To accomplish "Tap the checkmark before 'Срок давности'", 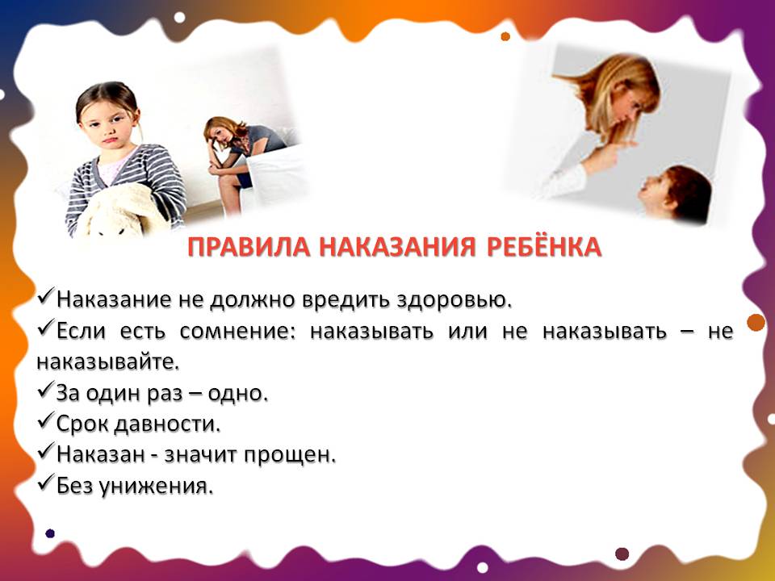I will [47, 421].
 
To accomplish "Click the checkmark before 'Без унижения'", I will [47, 484].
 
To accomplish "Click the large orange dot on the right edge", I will [756, 324].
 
